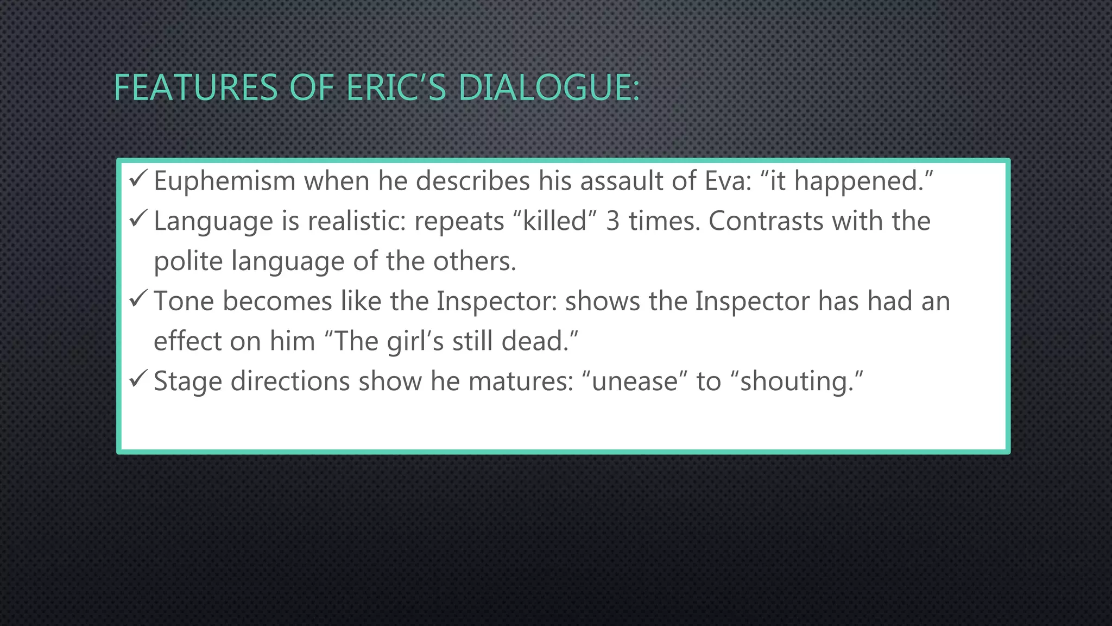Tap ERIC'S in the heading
coord(396,87)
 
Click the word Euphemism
coord(224,181)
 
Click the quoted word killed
coord(554,221)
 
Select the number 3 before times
coord(612,221)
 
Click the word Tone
coord(184,301)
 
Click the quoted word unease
coord(635,381)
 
